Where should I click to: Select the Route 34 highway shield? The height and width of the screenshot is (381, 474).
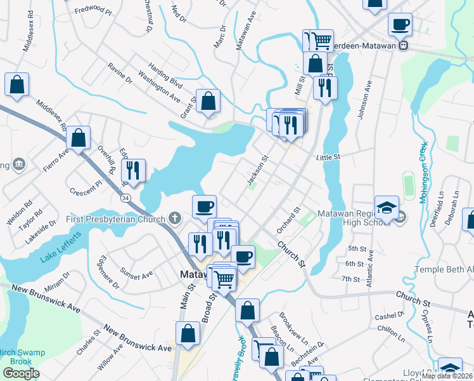[127, 198]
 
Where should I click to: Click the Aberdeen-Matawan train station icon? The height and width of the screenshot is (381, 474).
[402, 46]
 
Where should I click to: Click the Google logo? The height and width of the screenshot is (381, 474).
[21, 373]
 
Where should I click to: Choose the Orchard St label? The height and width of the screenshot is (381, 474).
[287, 219]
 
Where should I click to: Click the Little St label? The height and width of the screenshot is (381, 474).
[328, 156]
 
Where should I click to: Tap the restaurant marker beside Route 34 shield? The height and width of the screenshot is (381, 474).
[133, 170]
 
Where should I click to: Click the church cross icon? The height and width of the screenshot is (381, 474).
[175, 218]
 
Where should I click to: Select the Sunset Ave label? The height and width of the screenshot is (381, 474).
[137, 276]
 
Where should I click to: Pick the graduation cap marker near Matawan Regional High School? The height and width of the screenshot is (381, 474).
[387, 207]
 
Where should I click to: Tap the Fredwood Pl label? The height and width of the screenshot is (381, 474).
[93, 11]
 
